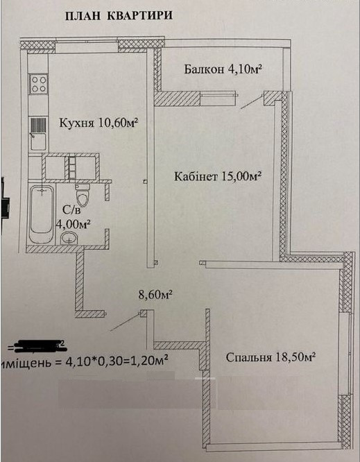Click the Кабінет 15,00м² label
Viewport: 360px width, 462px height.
(x=217, y=177)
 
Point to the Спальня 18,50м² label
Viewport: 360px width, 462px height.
(x=271, y=357)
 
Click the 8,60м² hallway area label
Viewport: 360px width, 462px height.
(x=155, y=294)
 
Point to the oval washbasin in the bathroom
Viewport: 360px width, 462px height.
(x=69, y=239)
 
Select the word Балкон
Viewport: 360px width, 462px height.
(x=203, y=69)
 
